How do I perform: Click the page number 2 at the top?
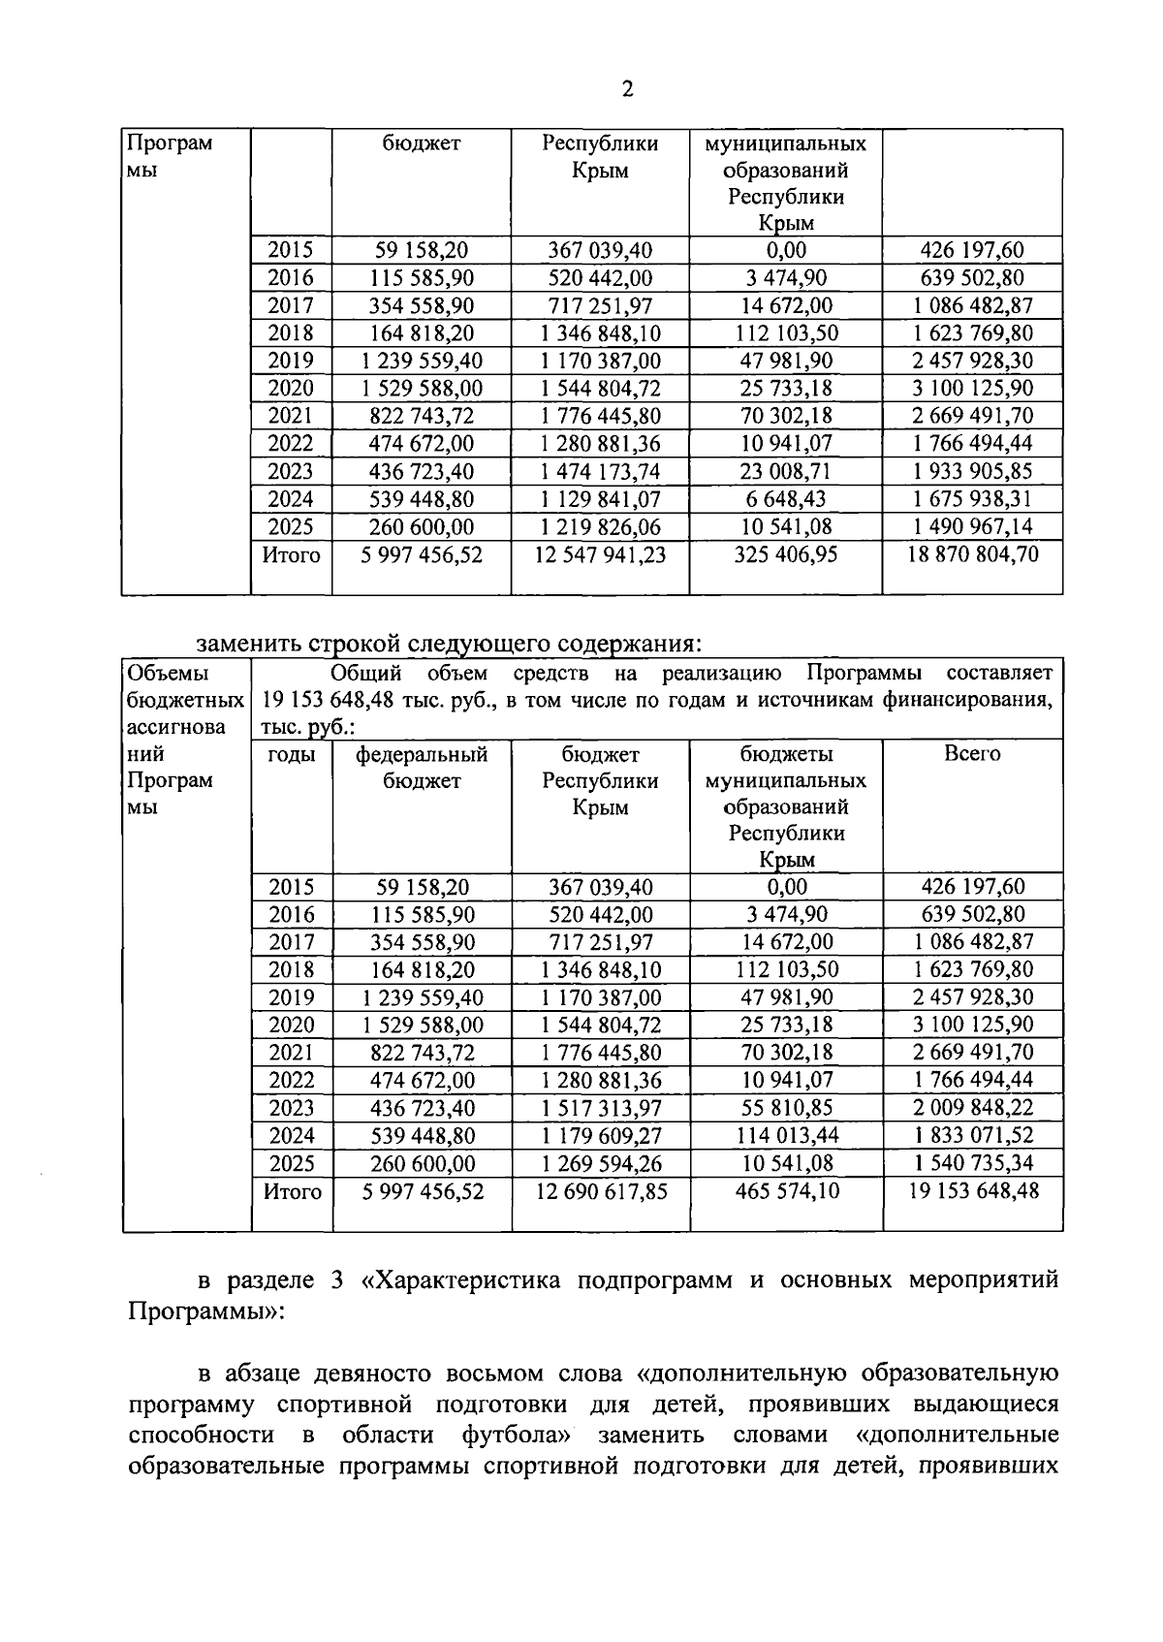(x=627, y=90)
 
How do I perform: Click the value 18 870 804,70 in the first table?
(x=972, y=554)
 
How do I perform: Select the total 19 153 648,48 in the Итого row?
(x=972, y=1190)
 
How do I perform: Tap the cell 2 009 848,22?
(x=972, y=1108)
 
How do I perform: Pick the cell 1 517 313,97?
(x=601, y=1108)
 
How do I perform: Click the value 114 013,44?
(x=786, y=1135)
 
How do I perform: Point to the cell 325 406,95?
(x=786, y=554)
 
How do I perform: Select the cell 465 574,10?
(x=786, y=1190)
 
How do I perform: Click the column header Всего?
(x=972, y=754)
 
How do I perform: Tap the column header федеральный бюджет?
(x=422, y=768)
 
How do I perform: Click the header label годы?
(x=292, y=754)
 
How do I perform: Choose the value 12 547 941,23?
(x=601, y=554)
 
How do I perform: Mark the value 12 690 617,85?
(x=601, y=1190)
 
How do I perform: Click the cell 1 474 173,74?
(x=601, y=471)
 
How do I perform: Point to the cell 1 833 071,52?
(x=972, y=1135)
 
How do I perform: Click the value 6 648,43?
(x=786, y=499)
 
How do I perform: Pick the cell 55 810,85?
(x=786, y=1108)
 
